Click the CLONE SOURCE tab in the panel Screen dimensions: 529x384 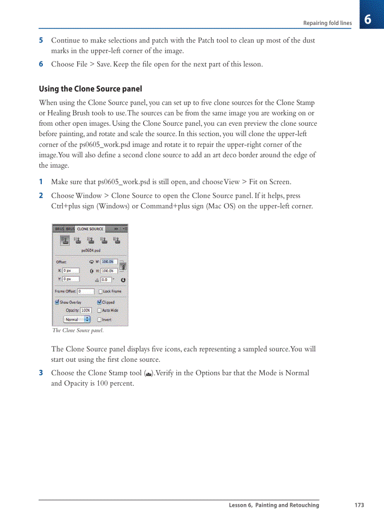tap(90, 229)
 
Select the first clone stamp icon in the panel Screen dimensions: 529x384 tap(65, 240)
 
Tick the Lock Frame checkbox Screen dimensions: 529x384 tap(100, 292)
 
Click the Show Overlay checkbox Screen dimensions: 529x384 tap(57, 302)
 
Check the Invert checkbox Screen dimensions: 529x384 tap(99, 319)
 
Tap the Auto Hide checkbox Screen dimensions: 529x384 tap(99, 311)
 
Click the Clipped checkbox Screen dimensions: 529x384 tap(99, 302)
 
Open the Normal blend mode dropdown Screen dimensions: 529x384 tap(77, 319)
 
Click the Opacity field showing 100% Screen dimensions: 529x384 tap(86, 311)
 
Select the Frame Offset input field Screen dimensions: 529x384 tap(86, 292)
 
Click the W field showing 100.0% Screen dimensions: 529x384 tap(109, 262)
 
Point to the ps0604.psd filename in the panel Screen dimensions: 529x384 tap(90, 251)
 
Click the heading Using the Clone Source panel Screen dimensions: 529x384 tap(90, 89)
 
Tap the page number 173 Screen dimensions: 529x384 tap(359, 505)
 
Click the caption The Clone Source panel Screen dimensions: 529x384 tap(78, 331)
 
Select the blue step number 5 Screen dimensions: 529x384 tap(41, 41)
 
